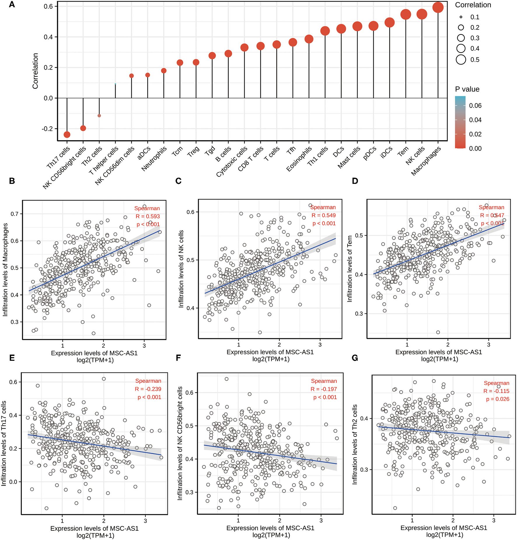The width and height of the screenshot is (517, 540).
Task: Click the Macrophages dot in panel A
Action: (438, 8)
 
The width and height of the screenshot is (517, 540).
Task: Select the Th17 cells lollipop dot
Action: (67, 135)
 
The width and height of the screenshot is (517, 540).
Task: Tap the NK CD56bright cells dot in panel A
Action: (83, 128)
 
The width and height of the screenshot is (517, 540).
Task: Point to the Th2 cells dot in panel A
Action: (99, 116)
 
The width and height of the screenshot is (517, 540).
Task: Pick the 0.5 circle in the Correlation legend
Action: (461, 60)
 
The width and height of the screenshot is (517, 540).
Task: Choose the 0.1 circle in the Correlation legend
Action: (461, 17)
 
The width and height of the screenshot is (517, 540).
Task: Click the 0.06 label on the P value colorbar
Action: (475, 106)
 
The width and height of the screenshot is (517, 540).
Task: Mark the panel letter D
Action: (355, 181)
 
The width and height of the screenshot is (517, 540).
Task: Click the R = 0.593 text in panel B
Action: (148, 216)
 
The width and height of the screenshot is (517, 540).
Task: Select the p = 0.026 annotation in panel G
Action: (497, 399)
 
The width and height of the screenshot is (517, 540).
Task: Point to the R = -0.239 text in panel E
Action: (148, 389)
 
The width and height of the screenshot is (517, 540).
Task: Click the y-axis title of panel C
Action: (181, 268)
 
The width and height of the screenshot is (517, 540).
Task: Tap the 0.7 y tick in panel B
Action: (15, 214)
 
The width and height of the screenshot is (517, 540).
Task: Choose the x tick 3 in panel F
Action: (321, 520)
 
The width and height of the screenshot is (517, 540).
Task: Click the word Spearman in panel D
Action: (491, 207)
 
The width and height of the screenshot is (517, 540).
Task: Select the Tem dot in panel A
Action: (406, 14)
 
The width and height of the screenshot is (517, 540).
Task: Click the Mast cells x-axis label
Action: (349, 157)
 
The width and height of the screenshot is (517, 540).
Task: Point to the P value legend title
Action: (467, 89)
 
